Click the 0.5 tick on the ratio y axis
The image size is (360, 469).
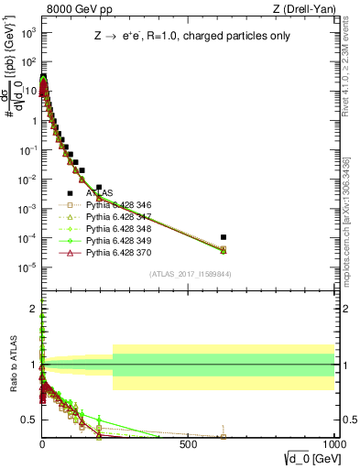30,419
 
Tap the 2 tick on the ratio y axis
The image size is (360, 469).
33,310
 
